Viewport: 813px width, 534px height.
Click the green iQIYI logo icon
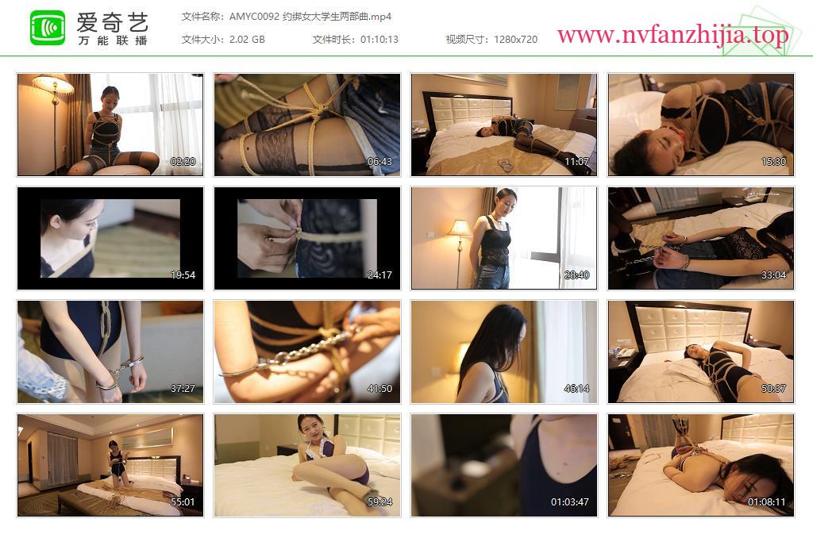coord(48,28)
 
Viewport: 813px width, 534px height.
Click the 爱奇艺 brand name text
coord(113,22)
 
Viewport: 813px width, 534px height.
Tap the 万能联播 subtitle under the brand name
coord(113,40)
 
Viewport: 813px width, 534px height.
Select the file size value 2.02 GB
coord(247,40)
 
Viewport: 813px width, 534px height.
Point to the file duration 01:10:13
coord(379,40)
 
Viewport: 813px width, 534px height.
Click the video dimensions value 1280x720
coord(515,40)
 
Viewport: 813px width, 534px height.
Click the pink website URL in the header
coord(672,35)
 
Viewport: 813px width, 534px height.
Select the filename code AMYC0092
coord(254,17)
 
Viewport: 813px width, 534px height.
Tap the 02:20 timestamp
coord(183,162)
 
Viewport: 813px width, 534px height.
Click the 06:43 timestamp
coord(380,162)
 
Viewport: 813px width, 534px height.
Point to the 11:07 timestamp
coord(576,162)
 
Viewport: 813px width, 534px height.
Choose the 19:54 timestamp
coord(183,275)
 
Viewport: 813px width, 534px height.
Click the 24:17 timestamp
coord(380,275)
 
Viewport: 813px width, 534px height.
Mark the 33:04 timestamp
coord(773,275)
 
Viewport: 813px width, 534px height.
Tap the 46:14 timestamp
coord(576,389)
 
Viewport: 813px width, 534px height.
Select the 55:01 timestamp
coord(183,502)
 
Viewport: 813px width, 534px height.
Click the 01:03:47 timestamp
coord(570,502)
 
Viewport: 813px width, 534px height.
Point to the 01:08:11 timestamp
coord(767,502)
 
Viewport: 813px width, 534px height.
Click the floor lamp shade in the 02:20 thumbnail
coord(53,83)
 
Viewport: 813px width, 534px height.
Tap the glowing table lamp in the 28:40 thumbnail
coord(460,229)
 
